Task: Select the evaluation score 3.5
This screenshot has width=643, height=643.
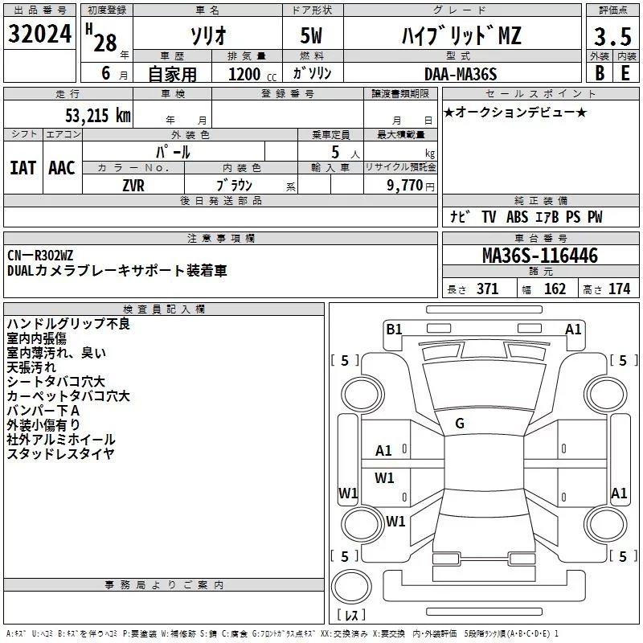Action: (611, 36)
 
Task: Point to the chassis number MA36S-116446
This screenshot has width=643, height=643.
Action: (539, 256)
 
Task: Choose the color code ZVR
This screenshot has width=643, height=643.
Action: (133, 184)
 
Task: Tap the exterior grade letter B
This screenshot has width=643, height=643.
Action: (599, 73)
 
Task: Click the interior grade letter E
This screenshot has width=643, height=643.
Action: (625, 73)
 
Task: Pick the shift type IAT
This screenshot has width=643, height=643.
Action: (23, 167)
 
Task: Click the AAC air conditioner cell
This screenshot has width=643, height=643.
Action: (62, 167)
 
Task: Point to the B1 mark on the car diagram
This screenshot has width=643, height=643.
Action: (394, 329)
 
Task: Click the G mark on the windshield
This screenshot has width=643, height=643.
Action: (460, 424)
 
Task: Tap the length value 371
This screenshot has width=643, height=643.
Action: (487, 289)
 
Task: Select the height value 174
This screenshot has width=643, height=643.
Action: (619, 289)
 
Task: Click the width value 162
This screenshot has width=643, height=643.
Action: (555, 289)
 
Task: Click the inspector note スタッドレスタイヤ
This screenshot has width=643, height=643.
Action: (60, 454)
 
